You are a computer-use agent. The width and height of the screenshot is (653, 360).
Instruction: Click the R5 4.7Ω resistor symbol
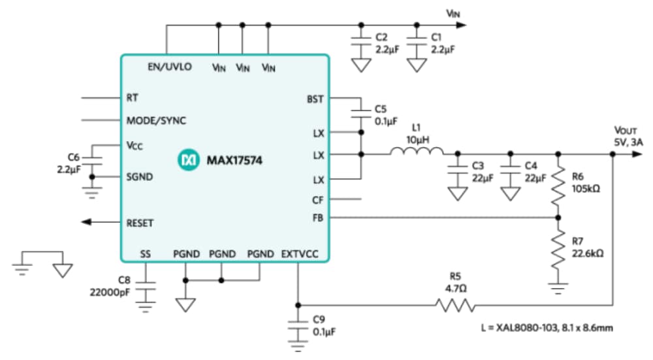(455, 305)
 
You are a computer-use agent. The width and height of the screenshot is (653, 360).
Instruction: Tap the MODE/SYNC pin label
(155, 121)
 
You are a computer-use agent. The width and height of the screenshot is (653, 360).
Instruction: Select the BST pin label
(315, 99)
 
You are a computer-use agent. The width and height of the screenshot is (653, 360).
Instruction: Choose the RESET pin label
(140, 223)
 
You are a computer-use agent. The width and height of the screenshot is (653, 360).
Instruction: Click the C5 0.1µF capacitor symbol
(360, 112)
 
